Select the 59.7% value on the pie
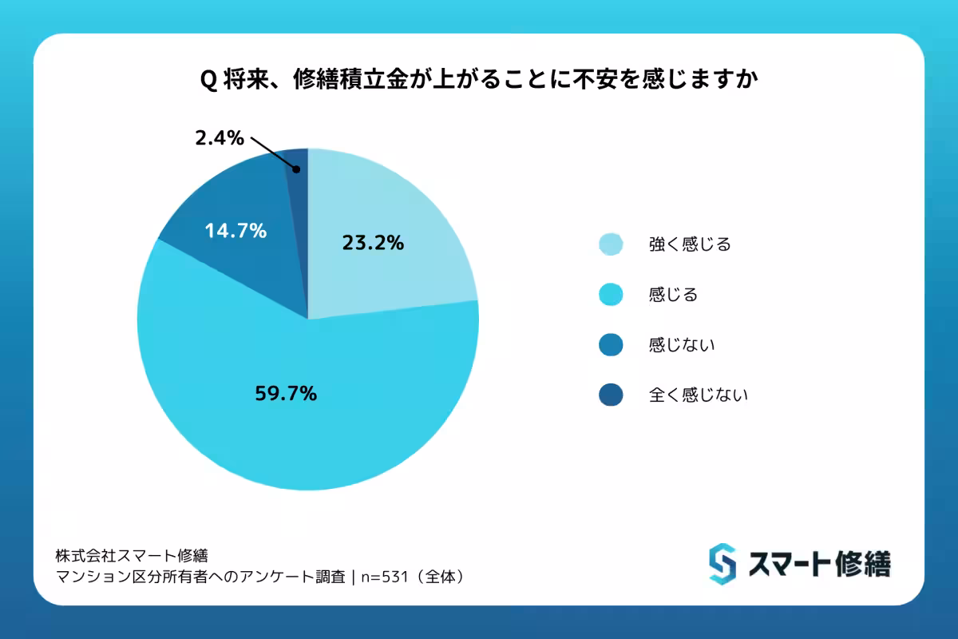286,393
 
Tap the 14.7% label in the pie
235,232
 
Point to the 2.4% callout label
219,138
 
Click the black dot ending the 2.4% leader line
296,169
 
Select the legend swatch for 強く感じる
611,244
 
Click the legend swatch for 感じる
611,295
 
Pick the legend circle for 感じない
611,345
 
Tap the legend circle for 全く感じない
611,395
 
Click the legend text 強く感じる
690,244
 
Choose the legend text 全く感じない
698,395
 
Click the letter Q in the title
206,81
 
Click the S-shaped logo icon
722,564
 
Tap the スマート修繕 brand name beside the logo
819,564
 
